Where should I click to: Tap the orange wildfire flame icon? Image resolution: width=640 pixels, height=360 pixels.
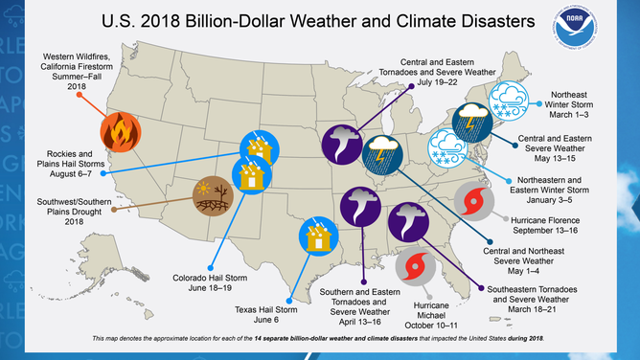[x=119, y=131]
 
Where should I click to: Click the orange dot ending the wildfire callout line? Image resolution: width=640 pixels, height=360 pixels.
[x=79, y=95]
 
